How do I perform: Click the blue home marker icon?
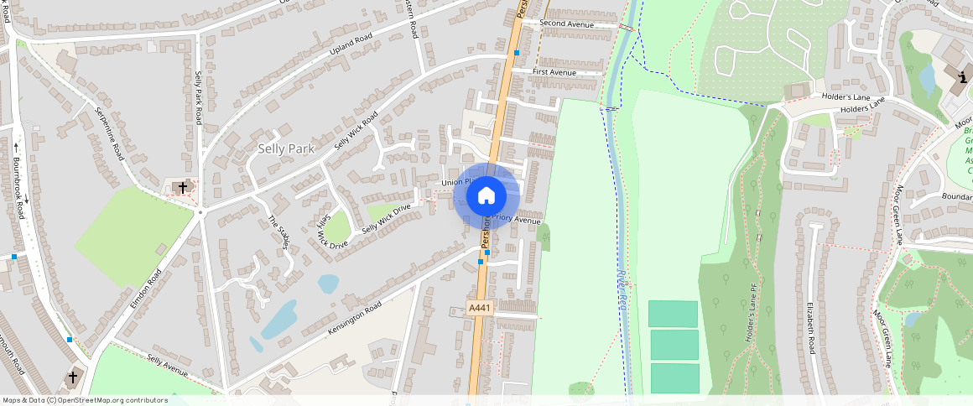pyautogui.click(x=486, y=195)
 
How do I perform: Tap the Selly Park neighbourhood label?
pyautogui.click(x=281, y=149)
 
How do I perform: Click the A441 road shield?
pyautogui.click(x=479, y=309)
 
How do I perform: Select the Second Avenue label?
pyautogui.click(x=566, y=24)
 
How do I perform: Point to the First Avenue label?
pyautogui.click(x=554, y=73)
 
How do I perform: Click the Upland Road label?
pyautogui.click(x=350, y=44)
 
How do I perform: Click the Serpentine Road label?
pyautogui.click(x=109, y=134)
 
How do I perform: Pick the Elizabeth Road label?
pyautogui.click(x=811, y=328)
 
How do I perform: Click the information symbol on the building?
pyautogui.click(x=960, y=78)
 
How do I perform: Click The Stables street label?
pyautogui.click(x=278, y=232)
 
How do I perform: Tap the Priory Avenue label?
pyautogui.click(x=516, y=219)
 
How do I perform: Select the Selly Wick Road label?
pyautogui.click(x=356, y=130)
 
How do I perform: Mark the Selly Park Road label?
pyautogui.click(x=199, y=97)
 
